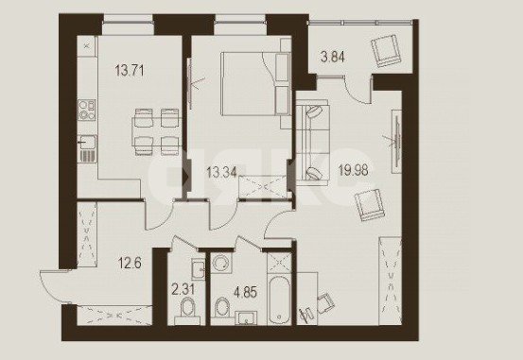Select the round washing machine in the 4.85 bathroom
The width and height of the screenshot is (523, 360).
[222, 262]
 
